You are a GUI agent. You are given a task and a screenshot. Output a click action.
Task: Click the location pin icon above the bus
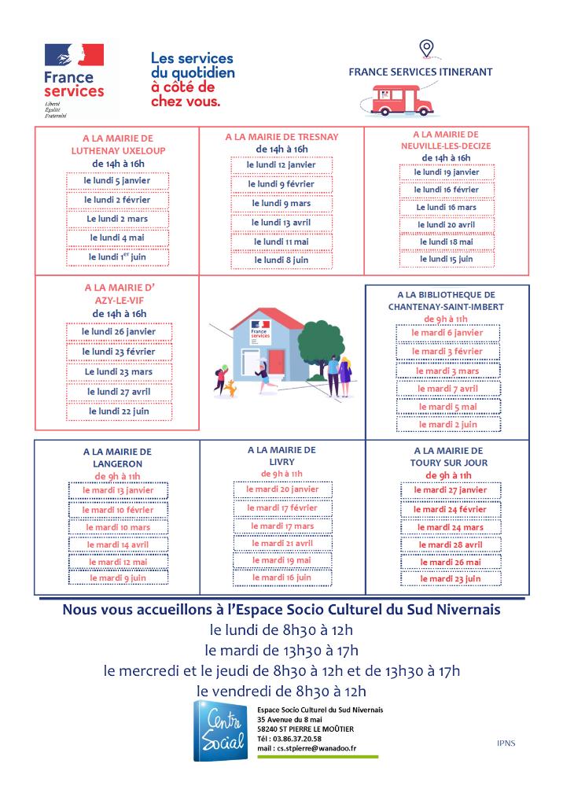point(425,50)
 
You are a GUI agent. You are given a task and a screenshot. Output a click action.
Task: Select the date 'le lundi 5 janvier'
point(117,180)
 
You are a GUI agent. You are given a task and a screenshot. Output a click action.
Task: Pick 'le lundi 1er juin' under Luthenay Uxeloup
point(117,256)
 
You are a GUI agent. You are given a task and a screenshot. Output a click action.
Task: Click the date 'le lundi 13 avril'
point(281,222)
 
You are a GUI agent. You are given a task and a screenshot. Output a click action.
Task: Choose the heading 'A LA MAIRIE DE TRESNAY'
point(281,137)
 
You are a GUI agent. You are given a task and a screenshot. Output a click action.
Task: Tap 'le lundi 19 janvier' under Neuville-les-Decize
point(446,172)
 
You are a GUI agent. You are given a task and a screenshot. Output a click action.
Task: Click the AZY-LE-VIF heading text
point(118,301)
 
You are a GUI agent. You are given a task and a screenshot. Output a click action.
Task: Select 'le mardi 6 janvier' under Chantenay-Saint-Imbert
point(447,333)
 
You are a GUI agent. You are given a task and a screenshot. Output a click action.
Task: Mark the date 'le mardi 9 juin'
point(118,578)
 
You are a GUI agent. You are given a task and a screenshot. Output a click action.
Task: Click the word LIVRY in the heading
point(281,462)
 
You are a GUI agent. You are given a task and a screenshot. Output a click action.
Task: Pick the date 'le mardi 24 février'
point(451,509)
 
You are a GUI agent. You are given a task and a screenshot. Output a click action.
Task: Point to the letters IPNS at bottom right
point(506,743)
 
